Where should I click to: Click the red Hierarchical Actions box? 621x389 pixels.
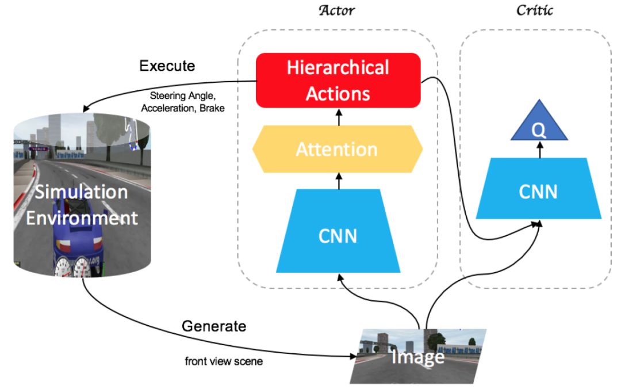pos(338,81)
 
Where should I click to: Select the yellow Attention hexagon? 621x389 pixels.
pos(338,149)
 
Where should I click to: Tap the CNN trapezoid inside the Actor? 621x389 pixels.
pos(338,231)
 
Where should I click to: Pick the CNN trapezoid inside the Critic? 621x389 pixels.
pos(539,188)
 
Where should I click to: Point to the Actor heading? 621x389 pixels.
pos(336,10)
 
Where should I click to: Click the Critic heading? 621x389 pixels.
pos(535,10)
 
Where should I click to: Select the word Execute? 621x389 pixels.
pos(167,66)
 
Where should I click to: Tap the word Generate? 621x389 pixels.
pos(214,326)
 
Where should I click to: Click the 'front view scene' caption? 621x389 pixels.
pos(224,361)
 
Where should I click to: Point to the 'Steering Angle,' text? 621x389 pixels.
pos(183,96)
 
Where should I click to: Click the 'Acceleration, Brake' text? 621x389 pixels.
pos(183,108)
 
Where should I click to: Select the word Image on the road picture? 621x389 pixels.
pos(418,357)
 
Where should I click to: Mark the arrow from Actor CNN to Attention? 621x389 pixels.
pos(339,181)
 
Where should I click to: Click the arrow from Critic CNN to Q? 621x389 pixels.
pos(540,150)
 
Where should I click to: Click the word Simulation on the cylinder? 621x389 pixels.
pos(81,192)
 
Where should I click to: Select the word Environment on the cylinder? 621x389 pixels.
pos(82,218)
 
